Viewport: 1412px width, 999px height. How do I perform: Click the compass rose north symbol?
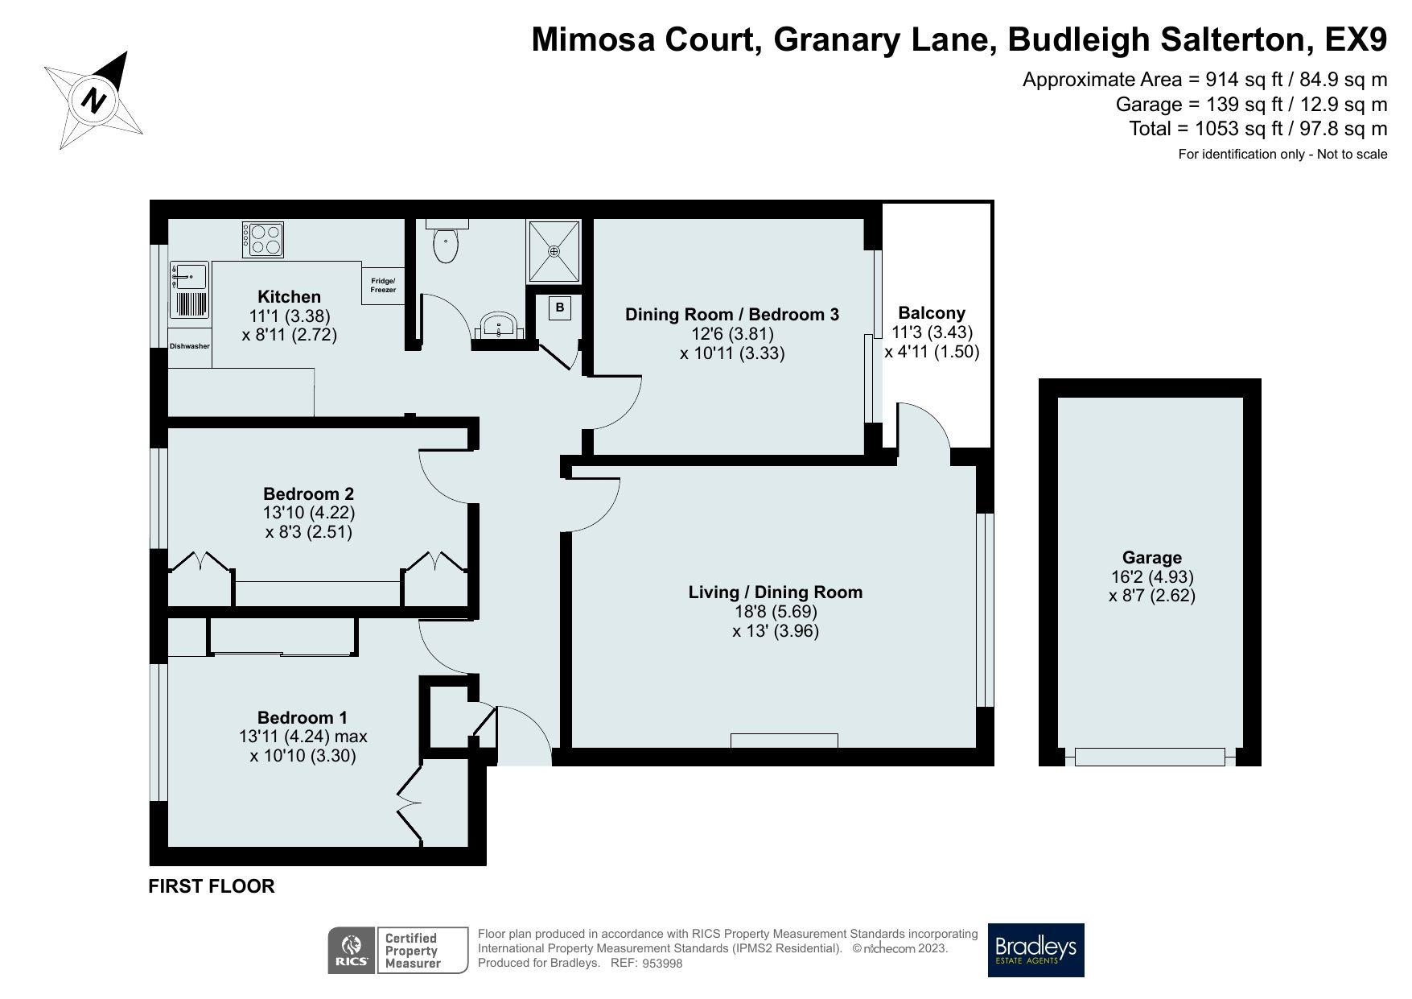click(x=95, y=101)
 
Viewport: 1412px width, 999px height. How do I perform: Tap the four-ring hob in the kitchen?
click(x=264, y=239)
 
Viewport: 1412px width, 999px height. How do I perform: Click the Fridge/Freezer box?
click(x=383, y=285)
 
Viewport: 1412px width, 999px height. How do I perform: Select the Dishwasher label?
click(x=190, y=346)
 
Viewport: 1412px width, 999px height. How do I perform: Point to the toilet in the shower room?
click(x=444, y=244)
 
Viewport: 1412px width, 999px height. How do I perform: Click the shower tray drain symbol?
click(x=554, y=251)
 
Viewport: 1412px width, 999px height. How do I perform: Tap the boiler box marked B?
click(x=560, y=308)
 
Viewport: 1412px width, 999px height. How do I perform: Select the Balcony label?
click(x=932, y=312)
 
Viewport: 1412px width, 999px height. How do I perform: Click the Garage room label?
click(x=1151, y=557)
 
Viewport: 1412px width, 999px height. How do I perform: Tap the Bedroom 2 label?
click(x=309, y=493)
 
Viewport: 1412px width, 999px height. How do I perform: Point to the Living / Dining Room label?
click(x=775, y=592)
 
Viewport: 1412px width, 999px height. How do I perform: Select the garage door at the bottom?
click(x=1150, y=757)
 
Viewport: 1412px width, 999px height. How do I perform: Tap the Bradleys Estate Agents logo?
click(x=1035, y=950)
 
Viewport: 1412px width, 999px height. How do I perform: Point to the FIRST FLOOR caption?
click(x=212, y=886)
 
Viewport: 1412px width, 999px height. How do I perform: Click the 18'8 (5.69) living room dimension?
click(x=775, y=612)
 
